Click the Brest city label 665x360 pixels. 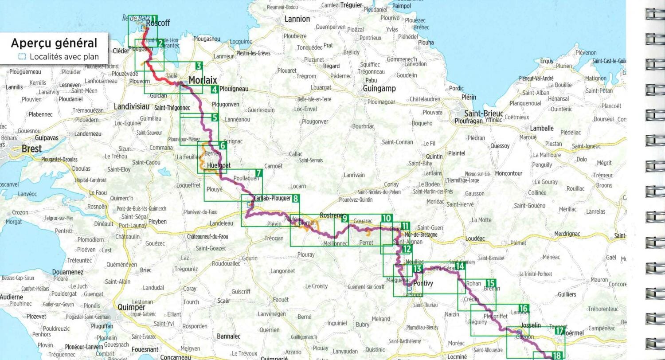pyautogui.click(x=31, y=149)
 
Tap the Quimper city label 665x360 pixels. pyautogui.click(x=131, y=307)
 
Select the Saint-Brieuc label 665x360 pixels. pyautogui.click(x=484, y=113)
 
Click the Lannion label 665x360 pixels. pyautogui.click(x=297, y=19)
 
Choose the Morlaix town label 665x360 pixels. pyautogui.click(x=203, y=80)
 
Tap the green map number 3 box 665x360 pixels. pyautogui.click(x=199, y=66)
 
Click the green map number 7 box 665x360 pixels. pyautogui.click(x=258, y=173)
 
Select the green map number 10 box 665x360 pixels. pyautogui.click(x=386, y=218)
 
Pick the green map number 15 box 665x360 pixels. pyautogui.click(x=490, y=283)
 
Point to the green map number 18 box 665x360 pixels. pyautogui.click(x=557, y=355)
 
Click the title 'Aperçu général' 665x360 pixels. pyautogui.click(x=54, y=43)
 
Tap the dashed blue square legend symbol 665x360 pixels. pyautogui.click(x=22, y=57)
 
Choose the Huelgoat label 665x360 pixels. pyautogui.click(x=219, y=165)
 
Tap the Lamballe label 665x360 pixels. pyautogui.click(x=542, y=128)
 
